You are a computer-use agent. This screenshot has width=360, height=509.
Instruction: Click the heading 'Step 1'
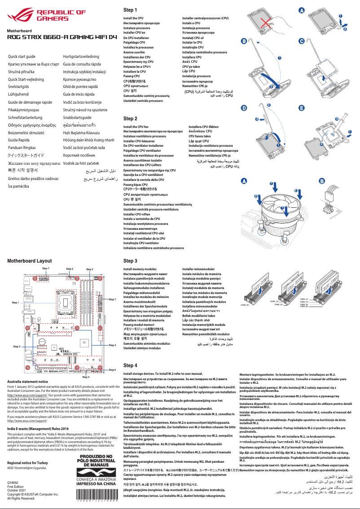[x=130, y=10]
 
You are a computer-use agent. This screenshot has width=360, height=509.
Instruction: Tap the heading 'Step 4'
[x=130, y=366]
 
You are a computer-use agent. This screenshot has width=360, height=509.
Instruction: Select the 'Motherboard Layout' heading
[x=30, y=261]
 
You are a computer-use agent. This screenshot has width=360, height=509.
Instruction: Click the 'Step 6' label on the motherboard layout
[x=112, y=370]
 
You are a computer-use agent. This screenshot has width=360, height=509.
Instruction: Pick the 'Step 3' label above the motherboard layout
[x=89, y=269]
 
